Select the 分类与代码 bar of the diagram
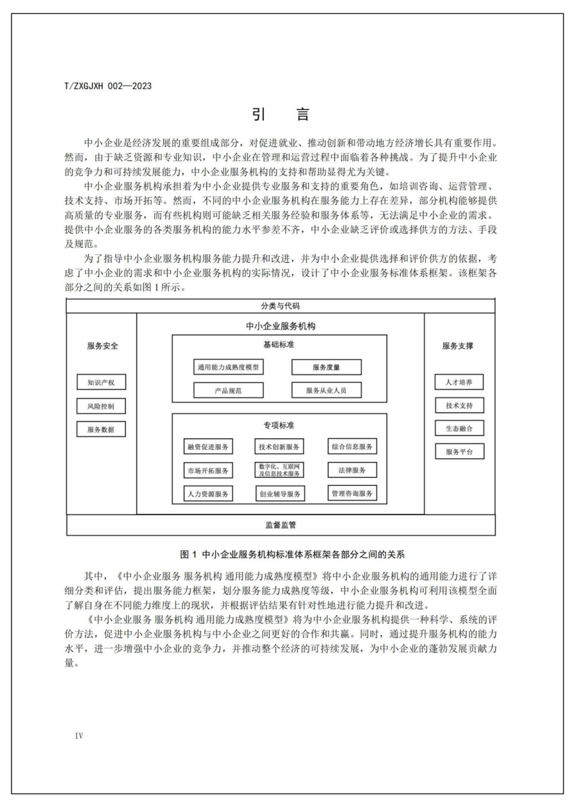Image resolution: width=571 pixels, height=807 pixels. pos(281,306)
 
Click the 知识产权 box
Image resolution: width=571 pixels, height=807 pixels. pos(101,382)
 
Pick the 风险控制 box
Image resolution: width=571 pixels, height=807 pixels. pos(101,406)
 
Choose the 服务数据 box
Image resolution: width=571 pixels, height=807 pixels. pos(101,429)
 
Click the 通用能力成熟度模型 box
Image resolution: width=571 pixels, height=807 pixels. pos(229,368)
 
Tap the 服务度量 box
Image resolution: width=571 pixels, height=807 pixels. pos(326,368)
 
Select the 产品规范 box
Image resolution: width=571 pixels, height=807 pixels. pos(229,390)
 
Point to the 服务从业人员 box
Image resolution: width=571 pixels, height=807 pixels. pos(326,390)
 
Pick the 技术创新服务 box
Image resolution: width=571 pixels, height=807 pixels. pos(279,447)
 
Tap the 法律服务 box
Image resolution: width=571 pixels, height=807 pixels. pos(352,470)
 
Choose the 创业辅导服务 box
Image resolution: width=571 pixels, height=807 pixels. pos(279,493)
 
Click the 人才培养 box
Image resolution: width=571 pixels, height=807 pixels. pos(459,382)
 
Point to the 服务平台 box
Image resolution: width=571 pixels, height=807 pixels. pos(459,452)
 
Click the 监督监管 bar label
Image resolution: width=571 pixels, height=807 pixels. pos(281,525)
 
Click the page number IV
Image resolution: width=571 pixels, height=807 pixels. pos(79,734)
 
